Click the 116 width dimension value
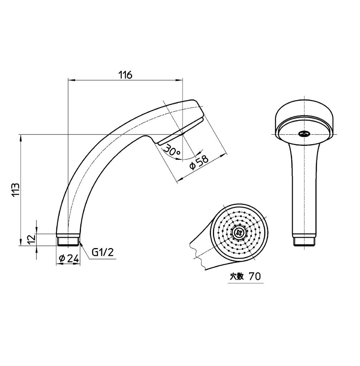point(125,75)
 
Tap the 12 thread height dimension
point(31,239)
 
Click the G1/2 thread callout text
point(102,252)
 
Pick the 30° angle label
point(171,150)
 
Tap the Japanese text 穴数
point(237,276)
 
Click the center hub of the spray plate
point(238,233)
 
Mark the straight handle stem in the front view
point(304,189)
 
